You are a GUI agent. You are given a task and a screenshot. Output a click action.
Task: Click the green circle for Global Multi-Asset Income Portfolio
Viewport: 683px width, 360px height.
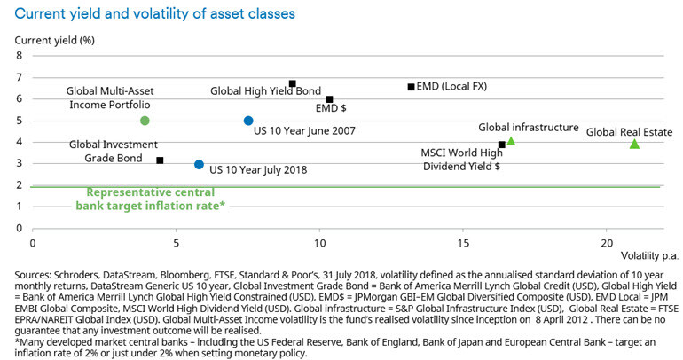(x=145, y=121)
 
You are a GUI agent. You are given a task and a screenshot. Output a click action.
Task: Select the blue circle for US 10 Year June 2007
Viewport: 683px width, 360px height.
(x=248, y=121)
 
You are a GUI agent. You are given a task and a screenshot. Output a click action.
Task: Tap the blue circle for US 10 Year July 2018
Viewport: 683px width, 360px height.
(x=200, y=164)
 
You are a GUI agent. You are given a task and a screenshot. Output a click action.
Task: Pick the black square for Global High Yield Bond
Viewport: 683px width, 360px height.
(x=292, y=83)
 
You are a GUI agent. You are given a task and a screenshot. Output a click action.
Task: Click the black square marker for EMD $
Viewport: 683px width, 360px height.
(x=329, y=99)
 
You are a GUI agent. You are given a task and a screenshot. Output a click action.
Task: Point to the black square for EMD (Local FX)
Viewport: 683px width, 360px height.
(x=411, y=87)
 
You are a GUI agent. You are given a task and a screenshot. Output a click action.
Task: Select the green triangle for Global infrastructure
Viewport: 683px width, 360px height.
(x=510, y=141)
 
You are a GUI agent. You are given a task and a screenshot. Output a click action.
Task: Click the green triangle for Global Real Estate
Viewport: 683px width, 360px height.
(x=634, y=144)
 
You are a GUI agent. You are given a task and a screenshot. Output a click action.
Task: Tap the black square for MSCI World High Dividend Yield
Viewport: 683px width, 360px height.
(x=501, y=145)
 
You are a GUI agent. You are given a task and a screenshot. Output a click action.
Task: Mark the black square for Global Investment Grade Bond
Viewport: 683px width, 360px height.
(x=160, y=160)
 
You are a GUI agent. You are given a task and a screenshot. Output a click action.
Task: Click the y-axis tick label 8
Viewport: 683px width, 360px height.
(x=20, y=56)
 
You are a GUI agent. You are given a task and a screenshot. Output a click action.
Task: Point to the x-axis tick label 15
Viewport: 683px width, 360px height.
(x=462, y=242)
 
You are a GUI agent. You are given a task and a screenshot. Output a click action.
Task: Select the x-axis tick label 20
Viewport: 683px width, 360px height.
(x=606, y=242)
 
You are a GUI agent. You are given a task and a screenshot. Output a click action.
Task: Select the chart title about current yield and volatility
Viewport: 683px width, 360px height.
(x=149, y=13)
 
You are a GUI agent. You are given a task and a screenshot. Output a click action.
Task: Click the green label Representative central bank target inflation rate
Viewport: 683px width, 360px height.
(x=155, y=199)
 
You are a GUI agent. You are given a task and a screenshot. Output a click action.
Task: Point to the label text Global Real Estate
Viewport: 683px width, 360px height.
(x=629, y=132)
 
